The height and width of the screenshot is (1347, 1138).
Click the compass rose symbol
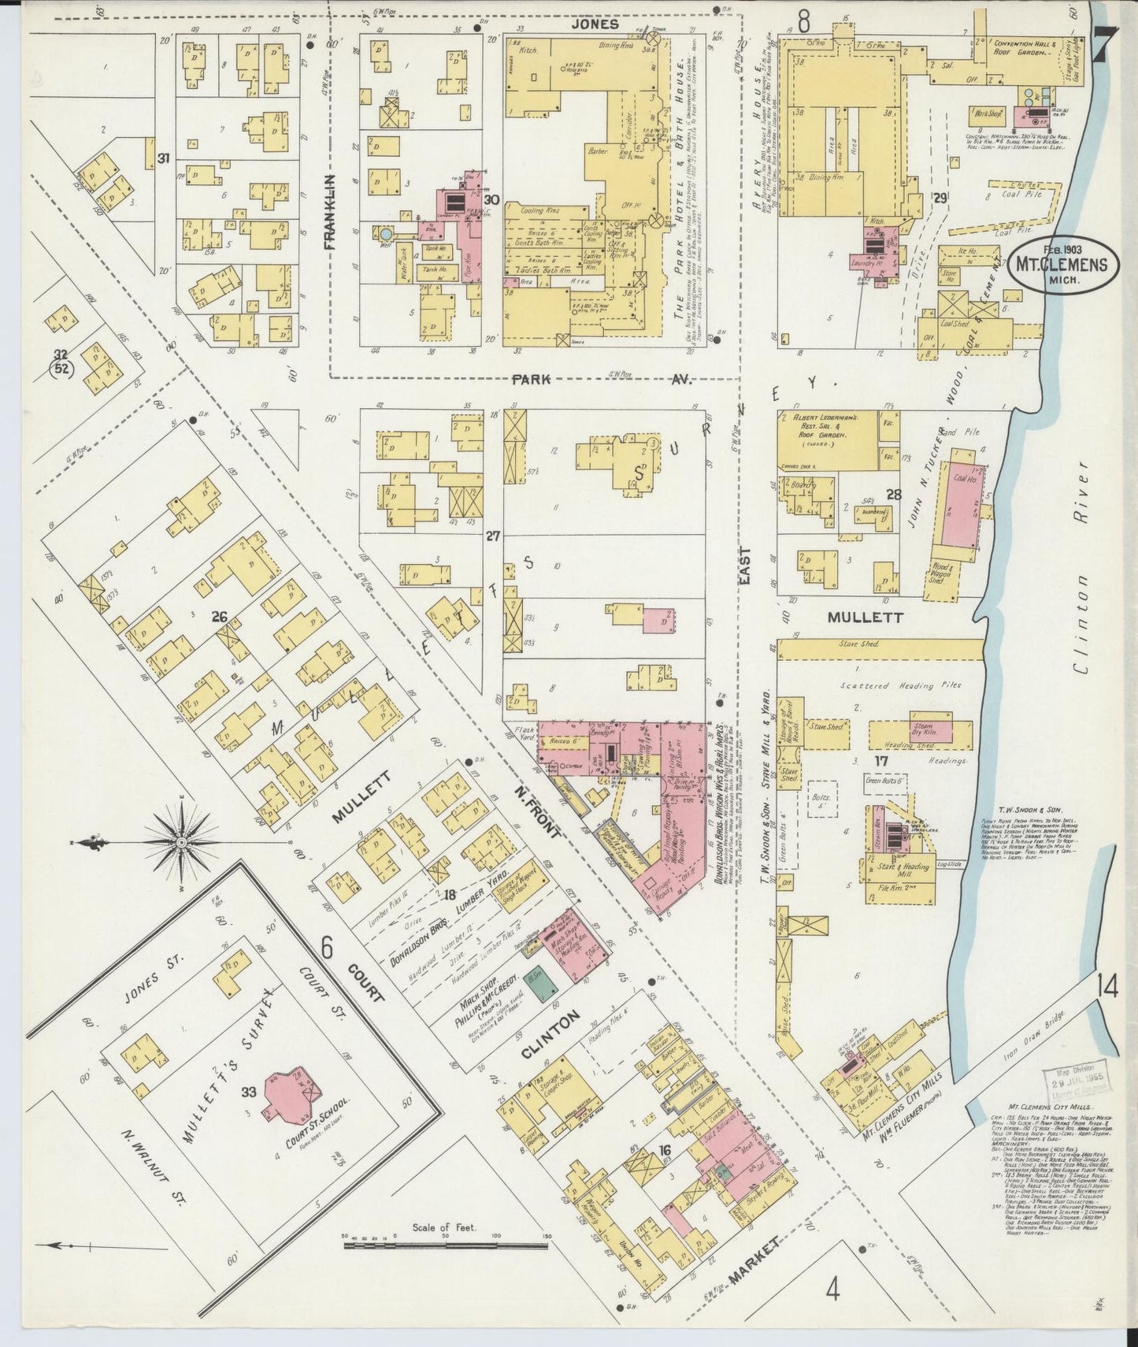click(182, 842)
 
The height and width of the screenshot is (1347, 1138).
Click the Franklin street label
click(329, 213)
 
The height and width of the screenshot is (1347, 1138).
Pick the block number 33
click(250, 1092)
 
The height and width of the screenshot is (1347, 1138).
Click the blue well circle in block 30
click(385, 234)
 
